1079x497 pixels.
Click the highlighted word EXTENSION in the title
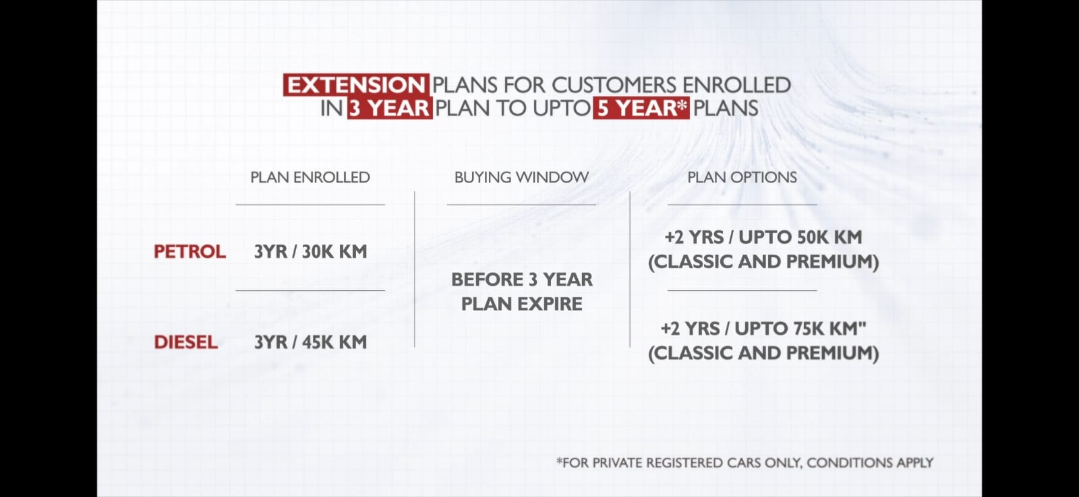tap(356, 85)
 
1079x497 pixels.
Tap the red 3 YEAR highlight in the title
tap(390, 108)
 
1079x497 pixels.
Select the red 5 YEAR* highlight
tap(641, 108)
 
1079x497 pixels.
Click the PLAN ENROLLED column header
tap(310, 178)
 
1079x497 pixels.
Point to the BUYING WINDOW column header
tap(522, 178)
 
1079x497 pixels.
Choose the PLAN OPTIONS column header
tap(742, 178)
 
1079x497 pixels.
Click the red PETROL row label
tap(189, 252)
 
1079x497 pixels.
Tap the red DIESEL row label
tap(186, 343)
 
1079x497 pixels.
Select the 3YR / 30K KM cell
tap(311, 252)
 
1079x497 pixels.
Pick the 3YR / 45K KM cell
tap(311, 343)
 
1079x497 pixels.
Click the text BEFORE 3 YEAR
tap(522, 279)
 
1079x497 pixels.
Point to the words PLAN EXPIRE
tap(522, 304)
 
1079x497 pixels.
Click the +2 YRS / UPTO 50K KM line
tap(763, 237)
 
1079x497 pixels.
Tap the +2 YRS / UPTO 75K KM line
tap(763, 329)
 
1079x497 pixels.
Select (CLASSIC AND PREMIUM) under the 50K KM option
tap(763, 262)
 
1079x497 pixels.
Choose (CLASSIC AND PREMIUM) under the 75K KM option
tap(763, 354)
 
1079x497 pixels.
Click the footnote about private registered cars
tap(745, 463)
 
